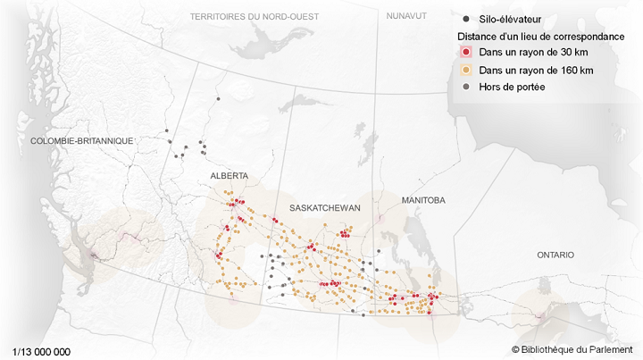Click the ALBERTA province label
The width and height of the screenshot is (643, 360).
pos(229,176)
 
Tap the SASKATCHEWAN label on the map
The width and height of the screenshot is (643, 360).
pos(324,207)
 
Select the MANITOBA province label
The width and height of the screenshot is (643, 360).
pos(423,200)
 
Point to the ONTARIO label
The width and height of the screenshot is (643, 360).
pos(555,255)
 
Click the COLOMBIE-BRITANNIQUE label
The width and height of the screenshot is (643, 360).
pos(81,141)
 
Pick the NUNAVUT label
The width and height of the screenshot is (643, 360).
pos(407,16)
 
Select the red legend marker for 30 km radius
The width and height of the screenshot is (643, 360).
pos(466,53)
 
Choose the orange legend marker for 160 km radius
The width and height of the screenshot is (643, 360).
pos(466,70)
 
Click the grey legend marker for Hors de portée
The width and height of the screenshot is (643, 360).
pos(466,87)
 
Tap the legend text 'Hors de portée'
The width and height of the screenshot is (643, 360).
pos(512,87)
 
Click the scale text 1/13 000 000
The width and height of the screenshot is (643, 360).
pos(42,351)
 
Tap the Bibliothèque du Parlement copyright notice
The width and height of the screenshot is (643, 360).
pos(572,349)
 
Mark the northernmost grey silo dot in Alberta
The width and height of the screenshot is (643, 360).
pos(216,100)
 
